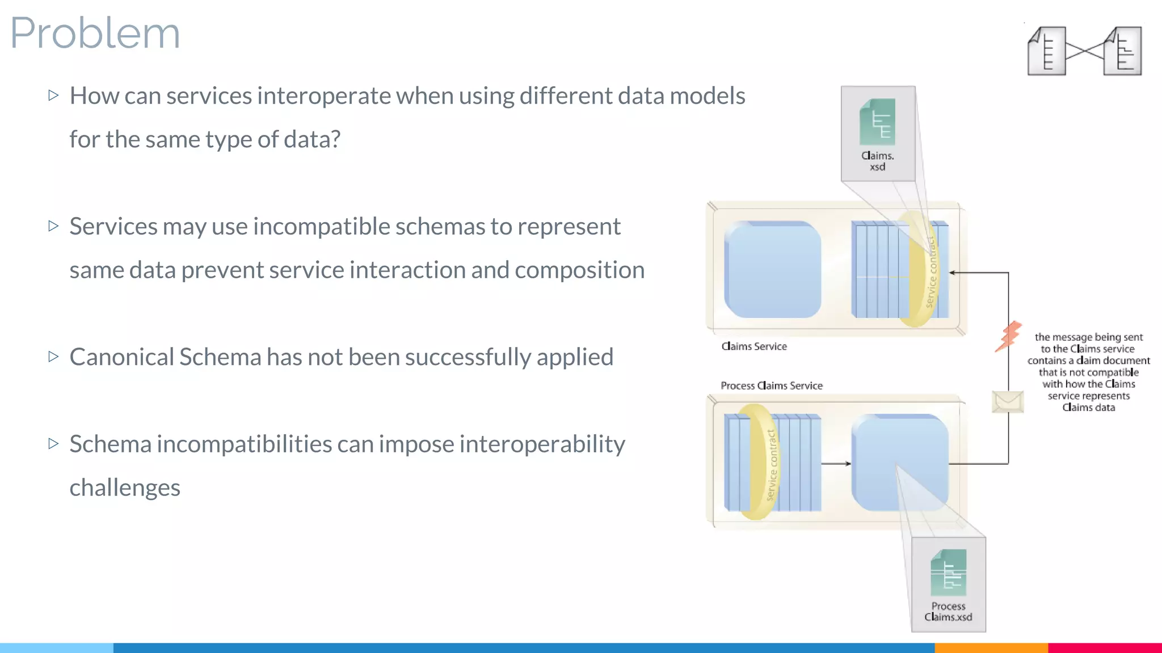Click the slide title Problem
pos(95,33)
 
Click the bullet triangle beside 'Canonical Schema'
pos(54,357)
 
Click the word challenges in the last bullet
pos(125,487)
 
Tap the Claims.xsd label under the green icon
pos(877,161)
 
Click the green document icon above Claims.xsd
pos(877,122)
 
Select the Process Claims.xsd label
pos(948,612)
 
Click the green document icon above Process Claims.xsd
pos(948,573)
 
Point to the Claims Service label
pos(754,346)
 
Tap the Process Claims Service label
pos(771,385)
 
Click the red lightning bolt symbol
pos(1008,337)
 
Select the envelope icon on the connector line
pos(1008,402)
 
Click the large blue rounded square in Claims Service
pos(772,269)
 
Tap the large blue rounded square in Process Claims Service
pos(900,462)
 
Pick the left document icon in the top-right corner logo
pos(1046,51)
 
